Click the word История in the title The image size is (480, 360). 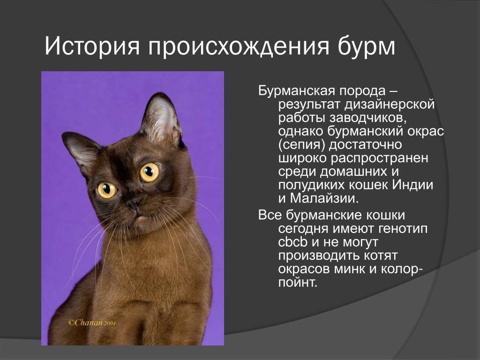(92, 46)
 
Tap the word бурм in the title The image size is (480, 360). (367, 46)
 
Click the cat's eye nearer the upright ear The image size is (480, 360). (150, 172)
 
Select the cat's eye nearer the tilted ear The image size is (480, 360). (107, 190)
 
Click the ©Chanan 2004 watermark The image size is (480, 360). (92, 322)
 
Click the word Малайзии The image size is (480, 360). (324, 198)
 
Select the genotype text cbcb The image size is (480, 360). (293, 242)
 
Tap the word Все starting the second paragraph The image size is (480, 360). (270, 215)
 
